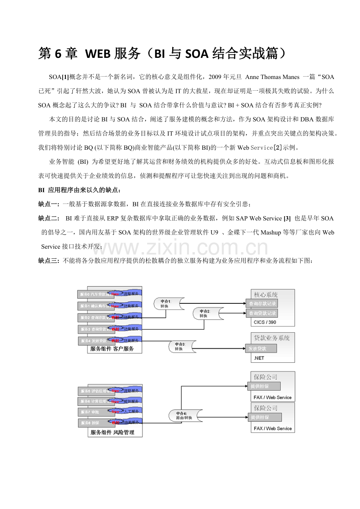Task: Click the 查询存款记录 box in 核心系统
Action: (x=262, y=303)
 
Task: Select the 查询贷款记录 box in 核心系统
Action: (x=262, y=313)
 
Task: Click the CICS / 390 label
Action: (x=265, y=323)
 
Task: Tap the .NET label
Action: (x=259, y=358)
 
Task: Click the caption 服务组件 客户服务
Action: (x=112, y=349)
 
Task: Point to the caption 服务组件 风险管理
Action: (x=112, y=432)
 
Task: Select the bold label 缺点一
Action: (x=49, y=204)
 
